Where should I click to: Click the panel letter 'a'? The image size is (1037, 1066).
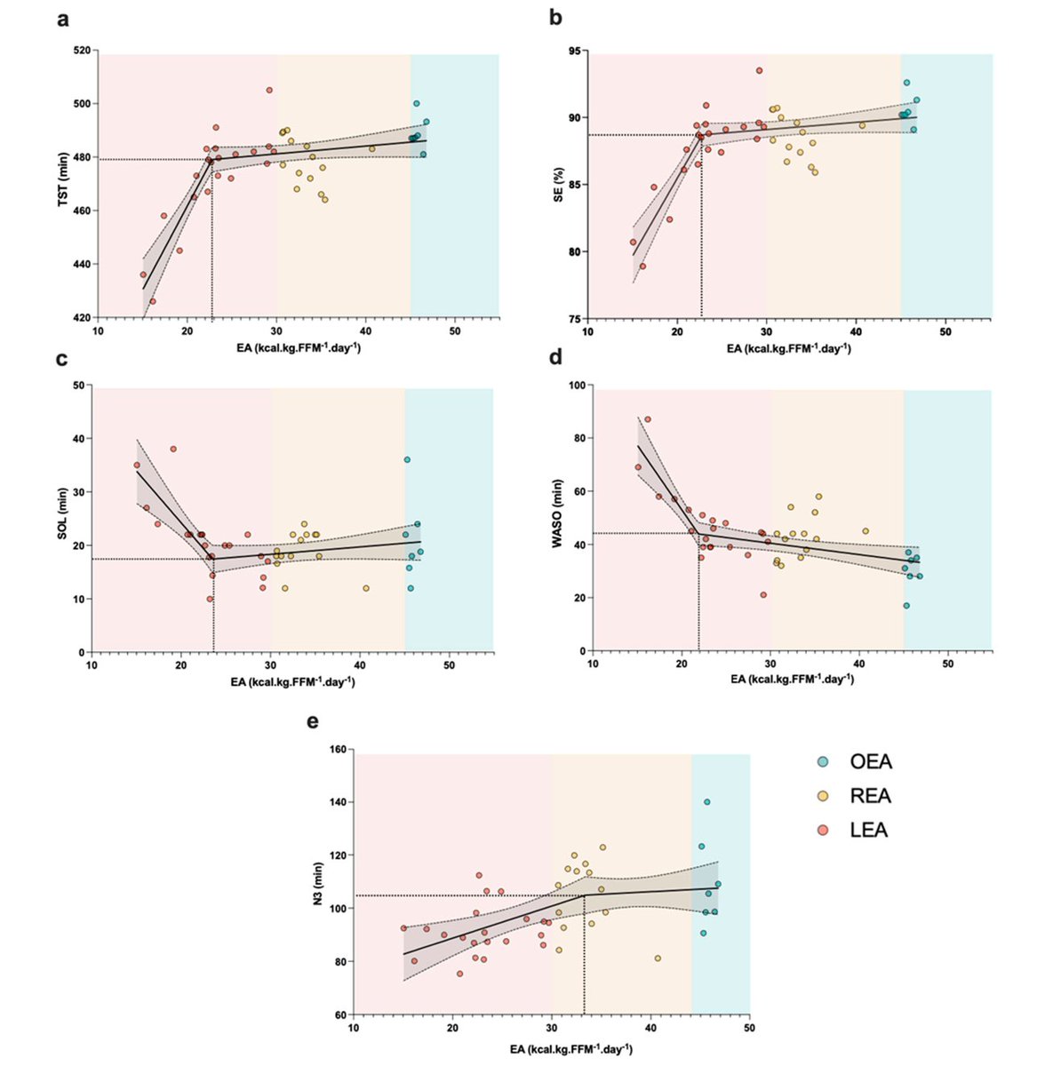(63, 20)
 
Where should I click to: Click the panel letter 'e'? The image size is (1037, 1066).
(313, 722)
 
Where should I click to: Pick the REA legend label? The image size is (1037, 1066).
(870, 796)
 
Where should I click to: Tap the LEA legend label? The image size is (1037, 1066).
(869, 831)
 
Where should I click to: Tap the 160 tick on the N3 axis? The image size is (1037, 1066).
(335, 749)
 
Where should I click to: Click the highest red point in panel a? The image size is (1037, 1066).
(269, 90)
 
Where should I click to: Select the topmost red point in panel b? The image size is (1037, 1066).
(759, 70)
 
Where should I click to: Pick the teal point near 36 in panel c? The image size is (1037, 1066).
(407, 459)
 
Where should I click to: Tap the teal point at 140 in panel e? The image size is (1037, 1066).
(707, 802)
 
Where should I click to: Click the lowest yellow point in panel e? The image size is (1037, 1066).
(658, 959)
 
